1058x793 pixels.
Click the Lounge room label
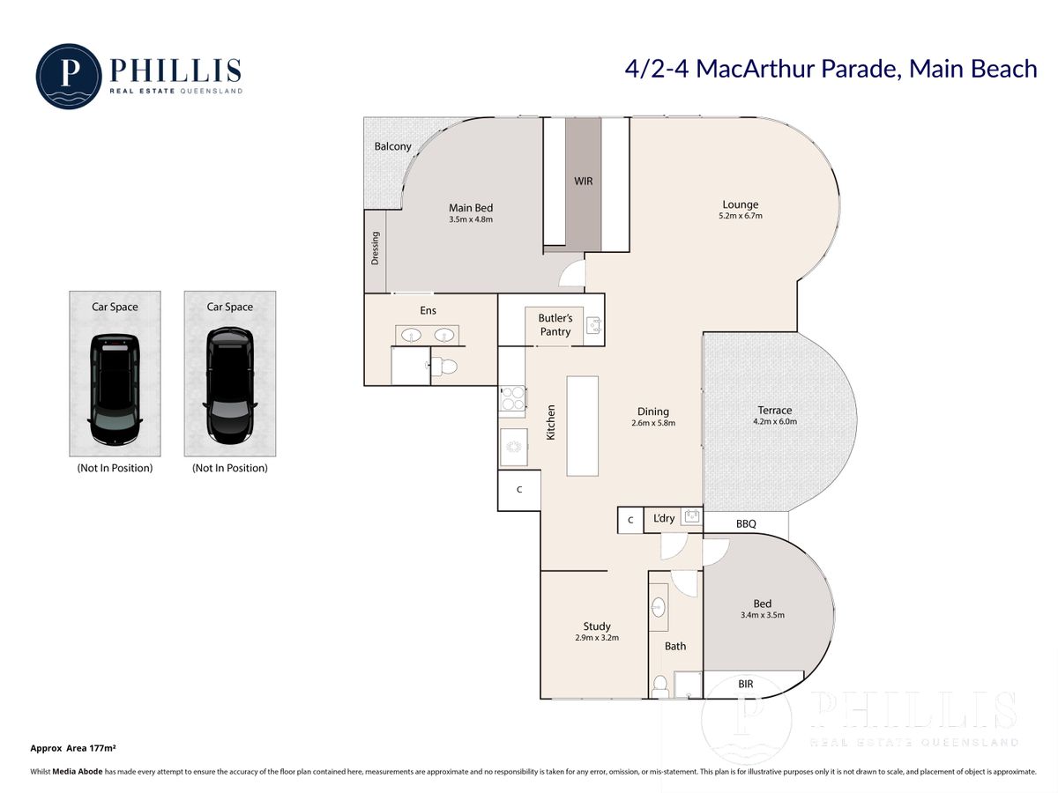740,204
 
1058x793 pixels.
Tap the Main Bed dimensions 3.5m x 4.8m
471,219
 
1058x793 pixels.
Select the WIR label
584,181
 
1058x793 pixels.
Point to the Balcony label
393,146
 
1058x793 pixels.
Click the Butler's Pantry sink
593,325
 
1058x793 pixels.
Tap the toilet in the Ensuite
443,367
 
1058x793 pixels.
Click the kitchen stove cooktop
512,398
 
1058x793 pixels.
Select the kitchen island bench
582,426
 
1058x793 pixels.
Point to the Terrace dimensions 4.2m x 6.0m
775,422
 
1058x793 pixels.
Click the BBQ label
746,524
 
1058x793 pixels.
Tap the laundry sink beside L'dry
692,516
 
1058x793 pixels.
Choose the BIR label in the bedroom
745,684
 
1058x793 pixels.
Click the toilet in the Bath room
659,686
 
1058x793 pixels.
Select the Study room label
597,626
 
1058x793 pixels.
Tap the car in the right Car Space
230,386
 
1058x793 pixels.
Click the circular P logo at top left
69,76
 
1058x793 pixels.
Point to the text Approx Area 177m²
73,748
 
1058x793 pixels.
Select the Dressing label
375,248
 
